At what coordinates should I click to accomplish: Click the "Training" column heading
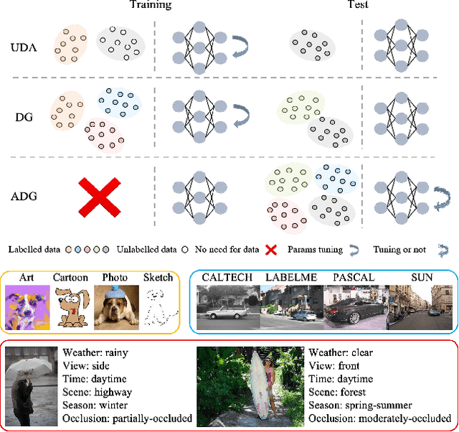(150, 5)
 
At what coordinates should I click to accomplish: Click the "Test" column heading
(356, 5)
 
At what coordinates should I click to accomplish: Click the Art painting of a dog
(27, 306)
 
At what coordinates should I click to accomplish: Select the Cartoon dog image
(70, 306)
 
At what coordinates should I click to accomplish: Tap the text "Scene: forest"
(336, 393)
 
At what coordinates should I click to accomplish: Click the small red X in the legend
(271, 250)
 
